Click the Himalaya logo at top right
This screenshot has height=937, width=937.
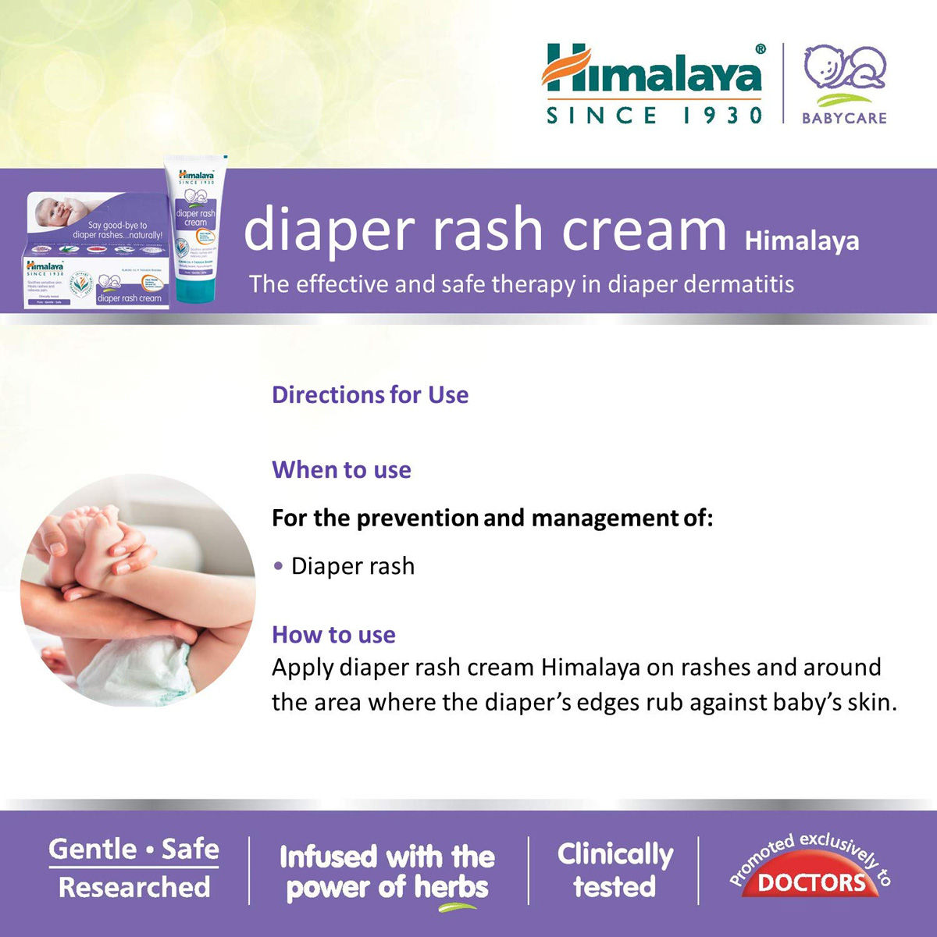click(x=652, y=70)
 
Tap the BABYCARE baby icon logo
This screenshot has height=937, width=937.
click(x=844, y=74)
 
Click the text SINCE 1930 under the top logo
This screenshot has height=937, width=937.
click(x=654, y=116)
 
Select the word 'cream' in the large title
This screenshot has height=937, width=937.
click(x=644, y=230)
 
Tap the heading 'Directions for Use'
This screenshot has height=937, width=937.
click(x=370, y=395)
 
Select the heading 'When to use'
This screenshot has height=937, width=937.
click(x=341, y=470)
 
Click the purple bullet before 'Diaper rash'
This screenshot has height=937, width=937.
click(x=278, y=566)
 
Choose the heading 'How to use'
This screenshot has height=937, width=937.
click(x=333, y=635)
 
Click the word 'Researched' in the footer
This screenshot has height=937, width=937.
click(x=134, y=888)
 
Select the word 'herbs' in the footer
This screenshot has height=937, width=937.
click(x=451, y=888)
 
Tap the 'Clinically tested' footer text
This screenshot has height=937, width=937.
click(x=615, y=870)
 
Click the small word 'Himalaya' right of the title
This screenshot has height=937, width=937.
click(x=802, y=241)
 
